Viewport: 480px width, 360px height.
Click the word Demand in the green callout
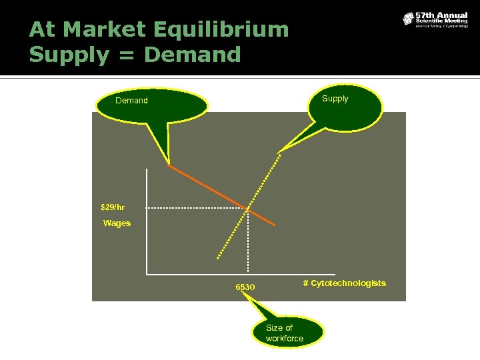(x=131, y=101)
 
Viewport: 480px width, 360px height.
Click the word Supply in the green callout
(x=335, y=99)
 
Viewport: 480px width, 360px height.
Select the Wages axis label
(x=117, y=223)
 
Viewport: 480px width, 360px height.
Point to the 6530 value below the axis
(x=245, y=287)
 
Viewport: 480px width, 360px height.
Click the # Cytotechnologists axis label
(x=344, y=283)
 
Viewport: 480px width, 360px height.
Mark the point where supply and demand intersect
(x=248, y=209)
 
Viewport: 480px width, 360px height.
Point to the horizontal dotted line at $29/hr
(x=193, y=208)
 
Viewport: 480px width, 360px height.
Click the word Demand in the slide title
(x=192, y=55)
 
